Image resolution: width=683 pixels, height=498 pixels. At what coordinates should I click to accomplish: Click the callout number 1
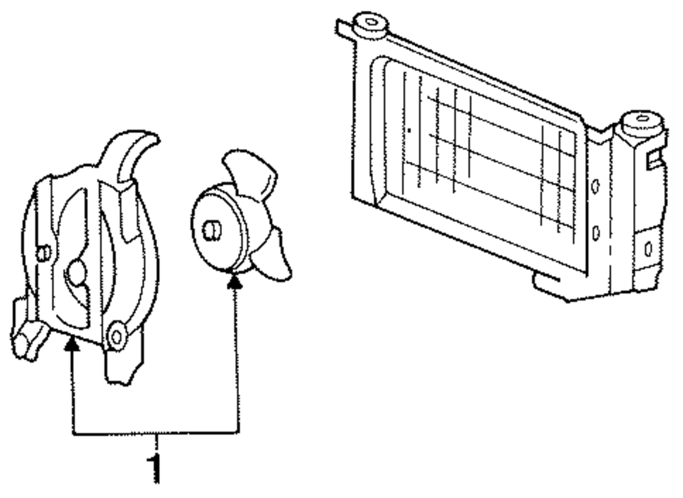click(156, 467)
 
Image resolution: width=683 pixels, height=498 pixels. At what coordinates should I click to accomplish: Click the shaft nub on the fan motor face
click(210, 230)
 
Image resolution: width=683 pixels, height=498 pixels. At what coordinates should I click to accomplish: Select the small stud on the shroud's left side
click(42, 253)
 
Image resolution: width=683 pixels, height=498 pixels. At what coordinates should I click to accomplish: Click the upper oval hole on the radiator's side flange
click(594, 186)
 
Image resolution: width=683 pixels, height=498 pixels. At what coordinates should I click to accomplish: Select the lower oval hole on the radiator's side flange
click(596, 234)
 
